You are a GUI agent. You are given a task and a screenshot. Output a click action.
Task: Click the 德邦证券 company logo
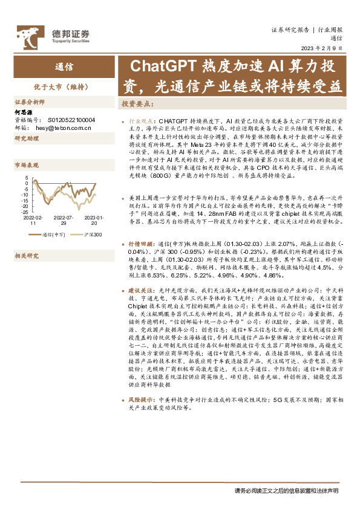(x=53, y=36)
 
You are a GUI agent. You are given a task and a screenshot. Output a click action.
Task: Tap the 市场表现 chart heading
(x=26, y=164)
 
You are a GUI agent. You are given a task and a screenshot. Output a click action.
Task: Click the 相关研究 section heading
(x=26, y=256)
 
